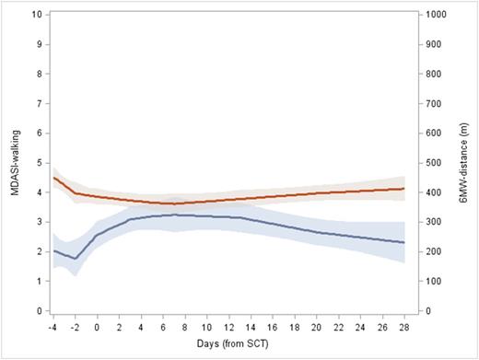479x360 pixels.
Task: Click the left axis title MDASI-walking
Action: (x=11, y=162)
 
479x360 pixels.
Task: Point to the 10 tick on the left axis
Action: (x=36, y=15)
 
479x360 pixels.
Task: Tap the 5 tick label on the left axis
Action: (x=36, y=163)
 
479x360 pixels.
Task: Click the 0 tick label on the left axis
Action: (x=36, y=311)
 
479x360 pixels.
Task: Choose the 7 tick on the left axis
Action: (x=36, y=104)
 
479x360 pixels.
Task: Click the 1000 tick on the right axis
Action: (x=434, y=15)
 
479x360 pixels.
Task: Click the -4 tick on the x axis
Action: (x=54, y=325)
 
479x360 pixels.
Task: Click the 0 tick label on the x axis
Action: (x=98, y=325)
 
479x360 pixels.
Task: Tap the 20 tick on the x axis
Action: (x=317, y=325)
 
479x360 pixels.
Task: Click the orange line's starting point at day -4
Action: (x=54, y=178)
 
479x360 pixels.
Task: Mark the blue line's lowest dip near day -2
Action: (x=76, y=259)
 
